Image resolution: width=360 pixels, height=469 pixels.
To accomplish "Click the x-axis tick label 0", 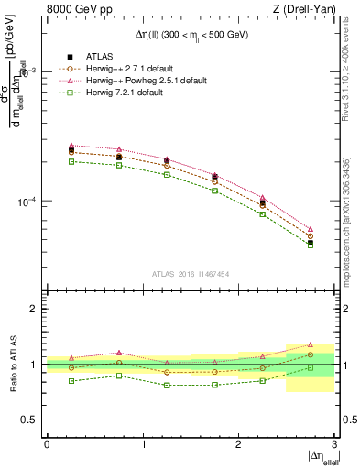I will pyautogui.click(x=47, y=443).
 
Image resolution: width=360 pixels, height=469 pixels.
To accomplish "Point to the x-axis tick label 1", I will pyautogui.click(x=143, y=443).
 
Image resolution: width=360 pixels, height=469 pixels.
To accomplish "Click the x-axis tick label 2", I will pyautogui.click(x=238, y=443).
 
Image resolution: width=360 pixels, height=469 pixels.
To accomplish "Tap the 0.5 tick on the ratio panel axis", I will pyautogui.click(x=32, y=420).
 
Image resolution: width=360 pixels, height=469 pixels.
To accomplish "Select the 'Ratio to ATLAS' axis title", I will pyautogui.click(x=12, y=364).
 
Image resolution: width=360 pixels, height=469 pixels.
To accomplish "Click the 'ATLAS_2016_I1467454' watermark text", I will pyautogui.click(x=191, y=273).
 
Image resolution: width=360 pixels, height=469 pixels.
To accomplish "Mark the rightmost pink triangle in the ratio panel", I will pyautogui.click(x=311, y=344).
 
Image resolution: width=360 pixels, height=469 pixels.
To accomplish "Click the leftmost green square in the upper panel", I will pyautogui.click(x=71, y=161).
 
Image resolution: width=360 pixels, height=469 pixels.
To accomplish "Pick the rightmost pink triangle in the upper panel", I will pyautogui.click(x=311, y=229).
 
